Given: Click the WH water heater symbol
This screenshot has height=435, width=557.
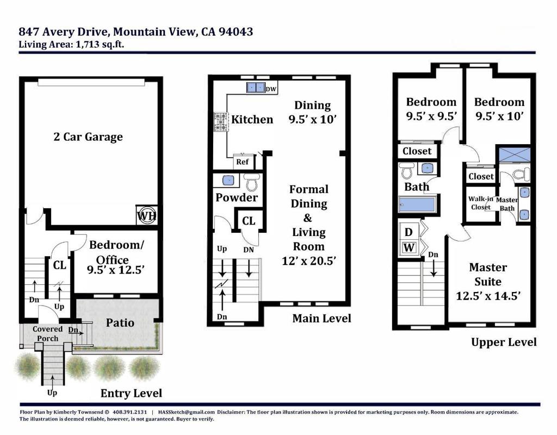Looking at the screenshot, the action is click(x=147, y=215).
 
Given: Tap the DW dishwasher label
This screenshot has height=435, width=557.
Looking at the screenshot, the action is click(x=271, y=89).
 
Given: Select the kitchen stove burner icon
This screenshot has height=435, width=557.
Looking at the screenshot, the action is click(x=221, y=122).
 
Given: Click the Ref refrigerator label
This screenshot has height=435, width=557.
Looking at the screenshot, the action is click(x=242, y=162).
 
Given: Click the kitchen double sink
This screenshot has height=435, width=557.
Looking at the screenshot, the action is click(x=256, y=88).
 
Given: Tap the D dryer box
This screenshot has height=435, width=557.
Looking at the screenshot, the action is click(x=409, y=232).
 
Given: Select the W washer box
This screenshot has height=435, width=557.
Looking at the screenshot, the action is click(x=409, y=247).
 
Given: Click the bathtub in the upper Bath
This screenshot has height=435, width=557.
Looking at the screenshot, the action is click(x=417, y=204).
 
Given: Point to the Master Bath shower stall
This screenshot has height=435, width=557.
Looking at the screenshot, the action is click(x=515, y=155).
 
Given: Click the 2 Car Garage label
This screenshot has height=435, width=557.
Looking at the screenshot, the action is click(x=88, y=136).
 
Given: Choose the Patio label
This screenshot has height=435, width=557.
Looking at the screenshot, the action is click(x=120, y=323).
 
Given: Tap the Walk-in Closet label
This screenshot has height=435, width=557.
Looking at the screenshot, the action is click(x=480, y=203).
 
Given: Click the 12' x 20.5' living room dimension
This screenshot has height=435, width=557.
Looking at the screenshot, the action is click(x=309, y=261).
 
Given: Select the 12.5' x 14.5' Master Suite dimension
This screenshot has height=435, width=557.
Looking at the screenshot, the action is click(x=488, y=296).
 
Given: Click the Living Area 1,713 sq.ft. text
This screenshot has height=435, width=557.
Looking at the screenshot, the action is click(x=71, y=45).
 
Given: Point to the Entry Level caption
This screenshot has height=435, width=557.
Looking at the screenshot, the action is click(x=131, y=393).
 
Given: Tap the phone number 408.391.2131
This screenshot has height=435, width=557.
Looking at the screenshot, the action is click(x=129, y=412).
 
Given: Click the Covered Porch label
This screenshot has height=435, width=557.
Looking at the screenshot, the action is click(x=48, y=333).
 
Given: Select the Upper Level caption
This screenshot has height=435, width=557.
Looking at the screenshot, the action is click(x=504, y=343).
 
